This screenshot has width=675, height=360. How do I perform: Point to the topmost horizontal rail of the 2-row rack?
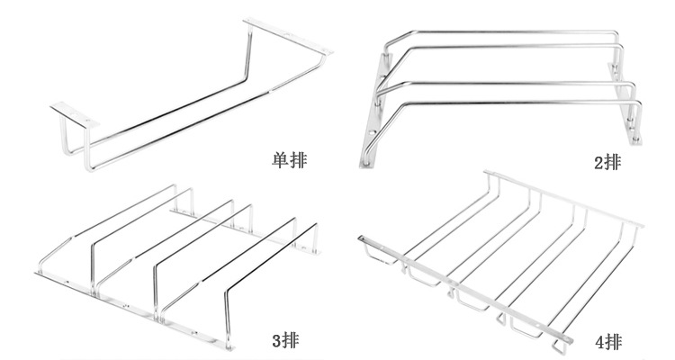[x=504, y=33]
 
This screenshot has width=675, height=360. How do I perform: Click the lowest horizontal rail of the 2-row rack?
[x=504, y=101]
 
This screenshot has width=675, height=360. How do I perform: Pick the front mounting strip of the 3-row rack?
[x=135, y=306]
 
